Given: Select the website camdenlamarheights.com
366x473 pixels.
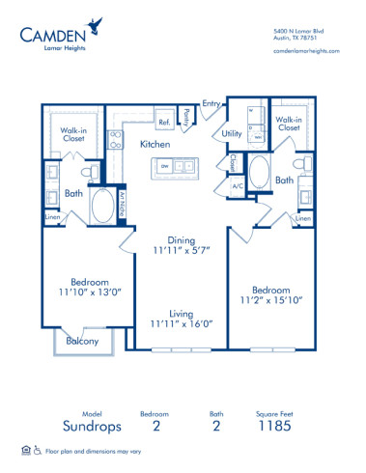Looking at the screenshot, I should (307, 51).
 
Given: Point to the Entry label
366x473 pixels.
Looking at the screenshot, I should (211, 102).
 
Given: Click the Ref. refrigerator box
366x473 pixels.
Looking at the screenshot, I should (165, 123).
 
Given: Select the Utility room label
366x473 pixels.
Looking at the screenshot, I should (232, 134).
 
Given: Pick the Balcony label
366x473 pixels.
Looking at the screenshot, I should (81, 341).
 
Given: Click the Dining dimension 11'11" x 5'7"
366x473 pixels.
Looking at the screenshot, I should (182, 252).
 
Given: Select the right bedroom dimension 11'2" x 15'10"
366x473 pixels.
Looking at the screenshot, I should (272, 300).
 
